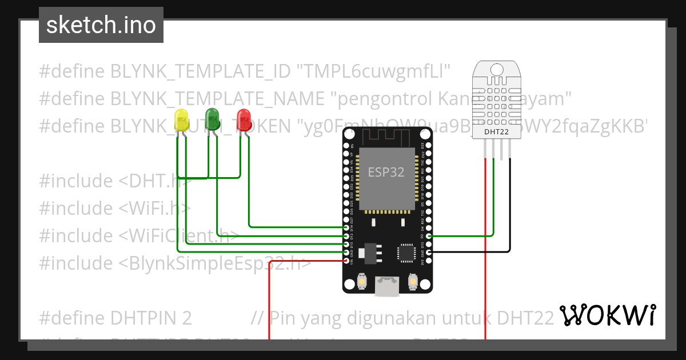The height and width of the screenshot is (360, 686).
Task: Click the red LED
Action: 244,118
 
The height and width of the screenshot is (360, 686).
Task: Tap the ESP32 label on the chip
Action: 386,173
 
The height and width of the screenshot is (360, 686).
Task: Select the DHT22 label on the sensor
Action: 496,132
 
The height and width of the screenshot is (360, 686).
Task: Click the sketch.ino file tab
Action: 101,25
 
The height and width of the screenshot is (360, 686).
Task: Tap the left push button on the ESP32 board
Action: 361,281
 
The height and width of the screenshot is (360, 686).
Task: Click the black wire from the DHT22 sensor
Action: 509,217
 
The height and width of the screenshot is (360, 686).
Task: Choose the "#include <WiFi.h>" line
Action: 115,208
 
